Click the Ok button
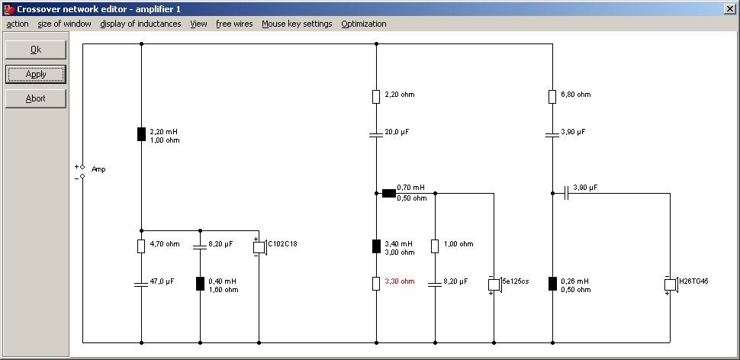(36, 50)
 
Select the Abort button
(36, 98)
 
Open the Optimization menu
(363, 24)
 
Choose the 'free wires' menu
(234, 24)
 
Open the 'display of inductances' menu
(140, 24)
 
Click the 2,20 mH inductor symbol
(141, 134)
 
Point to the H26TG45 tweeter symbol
(670, 284)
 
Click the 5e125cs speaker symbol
(494, 284)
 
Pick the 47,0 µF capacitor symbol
(141, 284)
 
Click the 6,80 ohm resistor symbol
(552, 96)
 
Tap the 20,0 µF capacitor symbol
(376, 134)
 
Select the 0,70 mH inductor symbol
(389, 193)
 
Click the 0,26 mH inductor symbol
(552, 284)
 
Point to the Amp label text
(98, 169)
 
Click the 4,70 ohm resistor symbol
(141, 246)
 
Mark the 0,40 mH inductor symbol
(200, 284)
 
